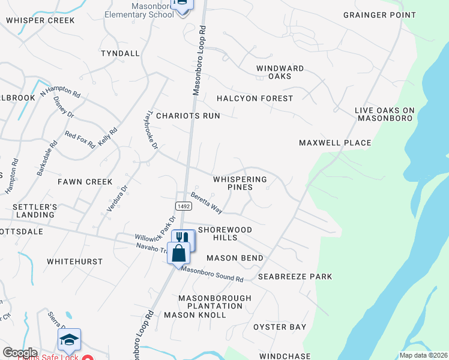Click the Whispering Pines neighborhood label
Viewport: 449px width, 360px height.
click(240, 183)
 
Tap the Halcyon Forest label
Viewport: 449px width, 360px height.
click(255, 98)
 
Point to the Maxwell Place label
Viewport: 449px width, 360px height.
click(335, 143)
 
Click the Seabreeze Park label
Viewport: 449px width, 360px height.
click(295, 277)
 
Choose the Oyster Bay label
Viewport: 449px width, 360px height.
click(279, 327)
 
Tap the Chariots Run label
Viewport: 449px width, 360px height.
click(188, 115)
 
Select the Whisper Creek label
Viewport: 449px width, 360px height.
click(40, 20)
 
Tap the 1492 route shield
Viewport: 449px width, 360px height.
click(184, 206)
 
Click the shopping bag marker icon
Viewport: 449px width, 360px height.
click(179, 253)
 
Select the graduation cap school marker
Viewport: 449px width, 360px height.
click(70, 340)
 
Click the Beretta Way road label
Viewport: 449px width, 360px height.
click(206, 203)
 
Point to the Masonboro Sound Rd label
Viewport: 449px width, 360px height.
click(212, 275)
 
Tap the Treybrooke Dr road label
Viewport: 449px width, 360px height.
click(152, 129)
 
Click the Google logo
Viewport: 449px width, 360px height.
click(20, 353)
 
